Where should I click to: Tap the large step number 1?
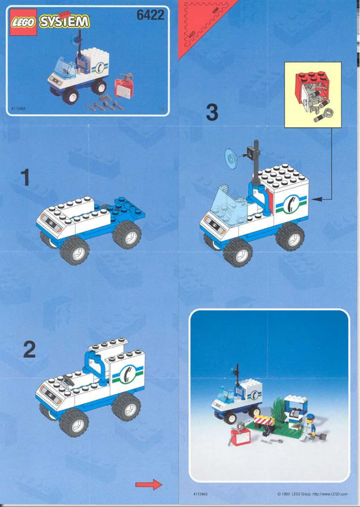pos(26,178)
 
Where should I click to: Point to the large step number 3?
pos(212,112)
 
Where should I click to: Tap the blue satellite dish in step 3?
pos(231,160)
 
